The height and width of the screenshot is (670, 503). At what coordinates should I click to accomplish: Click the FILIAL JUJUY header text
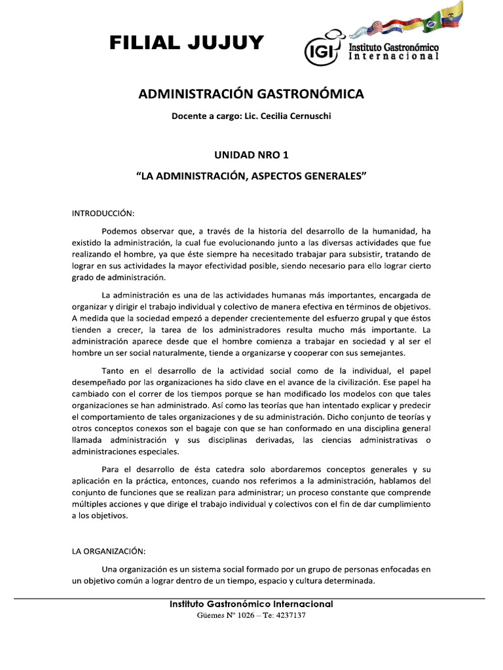187,43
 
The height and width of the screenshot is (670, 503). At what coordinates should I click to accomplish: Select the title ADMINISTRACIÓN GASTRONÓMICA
251,94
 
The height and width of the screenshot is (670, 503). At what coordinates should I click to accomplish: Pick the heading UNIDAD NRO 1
251,155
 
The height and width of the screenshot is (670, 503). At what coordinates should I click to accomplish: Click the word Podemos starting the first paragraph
121,231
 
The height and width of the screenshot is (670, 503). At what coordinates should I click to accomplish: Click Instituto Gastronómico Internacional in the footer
251,604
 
